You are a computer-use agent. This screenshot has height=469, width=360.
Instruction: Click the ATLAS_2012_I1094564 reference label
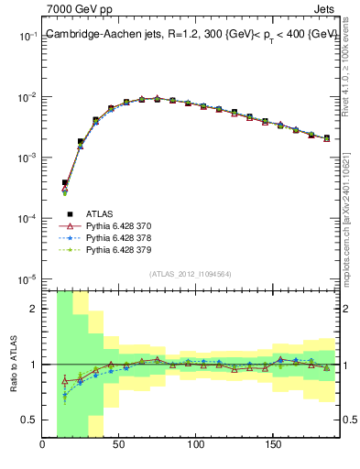(x=191, y=273)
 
